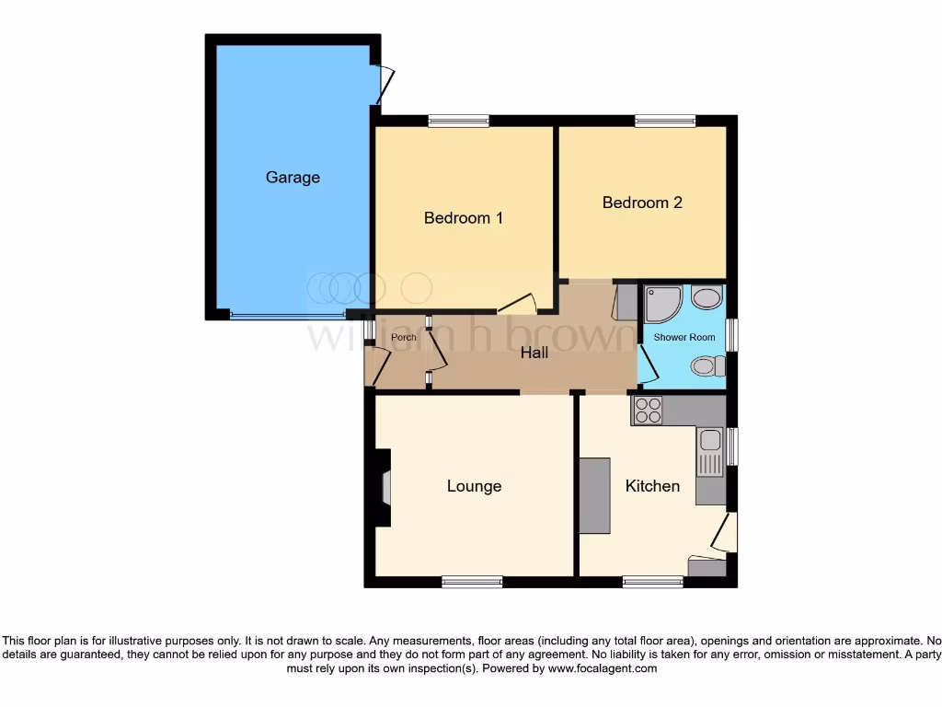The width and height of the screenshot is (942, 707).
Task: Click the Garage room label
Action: [x=293, y=178]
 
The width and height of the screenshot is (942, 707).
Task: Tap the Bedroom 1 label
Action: [x=463, y=218]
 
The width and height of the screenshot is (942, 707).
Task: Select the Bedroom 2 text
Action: [x=642, y=203]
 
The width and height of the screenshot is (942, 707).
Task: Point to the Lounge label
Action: [x=474, y=486]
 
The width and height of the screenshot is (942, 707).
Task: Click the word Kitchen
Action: [x=652, y=486]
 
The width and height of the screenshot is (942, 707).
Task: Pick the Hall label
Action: [x=534, y=353]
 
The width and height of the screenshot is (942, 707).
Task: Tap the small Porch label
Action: [x=403, y=338]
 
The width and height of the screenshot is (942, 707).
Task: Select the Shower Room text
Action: [x=684, y=338]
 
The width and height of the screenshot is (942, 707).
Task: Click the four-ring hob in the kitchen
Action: [x=648, y=410]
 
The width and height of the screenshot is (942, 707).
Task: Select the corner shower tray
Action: [x=662, y=303]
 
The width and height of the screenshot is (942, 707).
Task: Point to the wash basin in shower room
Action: [x=706, y=298]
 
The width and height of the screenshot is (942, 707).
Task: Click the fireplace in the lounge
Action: [x=385, y=487]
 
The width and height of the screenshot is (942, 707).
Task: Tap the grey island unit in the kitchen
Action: [x=594, y=494]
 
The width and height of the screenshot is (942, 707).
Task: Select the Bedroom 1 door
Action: [x=518, y=304]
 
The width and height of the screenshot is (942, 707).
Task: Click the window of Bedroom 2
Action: [x=665, y=120]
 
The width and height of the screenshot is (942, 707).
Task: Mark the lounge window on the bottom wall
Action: [x=471, y=582]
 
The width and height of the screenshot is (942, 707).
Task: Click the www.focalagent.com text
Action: [x=602, y=668]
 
